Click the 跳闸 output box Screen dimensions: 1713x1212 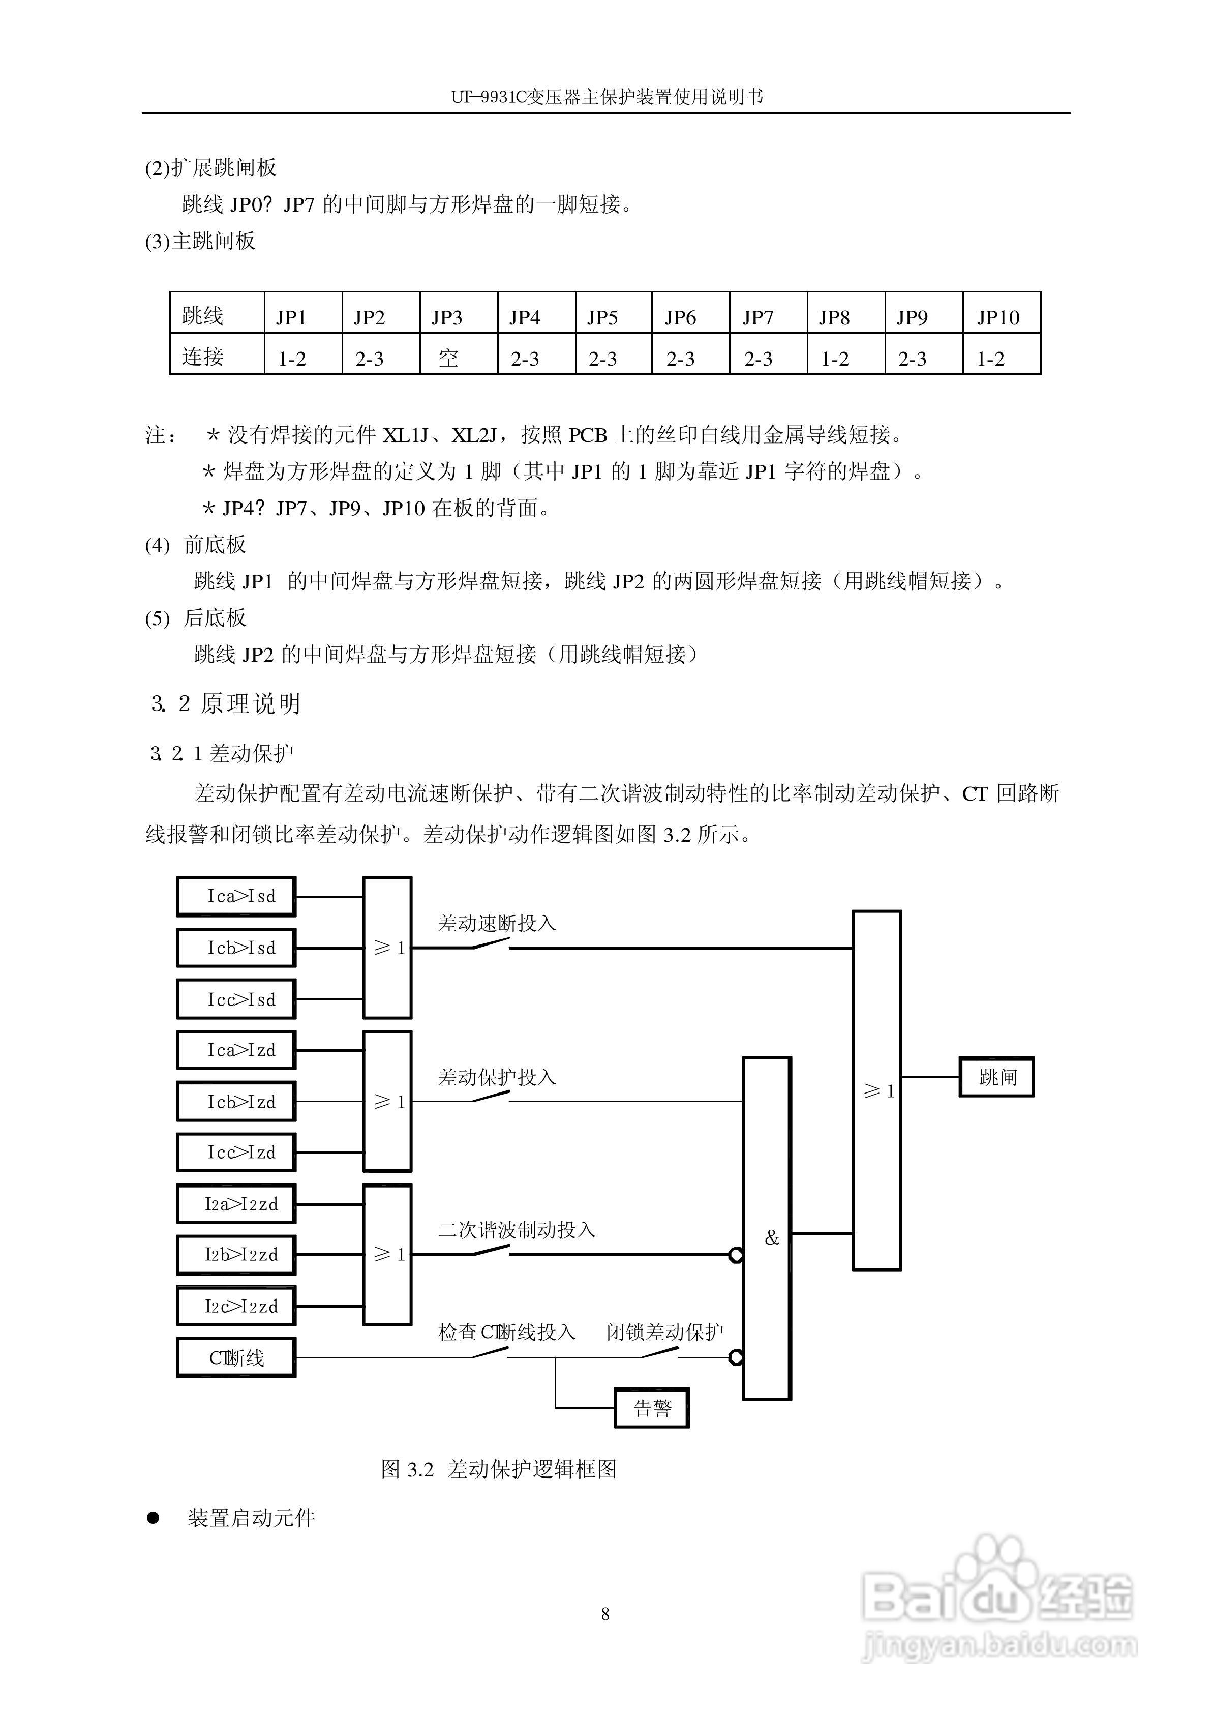[x=996, y=1077]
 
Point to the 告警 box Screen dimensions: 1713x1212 [x=652, y=1408]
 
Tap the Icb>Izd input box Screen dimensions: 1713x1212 [x=236, y=1102]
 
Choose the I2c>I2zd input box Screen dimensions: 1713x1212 [x=236, y=1306]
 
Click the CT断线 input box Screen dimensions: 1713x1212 [x=236, y=1357]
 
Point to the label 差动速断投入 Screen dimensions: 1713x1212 [x=496, y=923]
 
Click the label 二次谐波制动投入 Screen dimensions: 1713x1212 [x=517, y=1229]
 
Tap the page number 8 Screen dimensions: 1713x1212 [x=605, y=1614]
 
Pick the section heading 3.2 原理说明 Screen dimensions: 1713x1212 [x=225, y=703]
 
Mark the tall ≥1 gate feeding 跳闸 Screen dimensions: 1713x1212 [x=877, y=1090]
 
